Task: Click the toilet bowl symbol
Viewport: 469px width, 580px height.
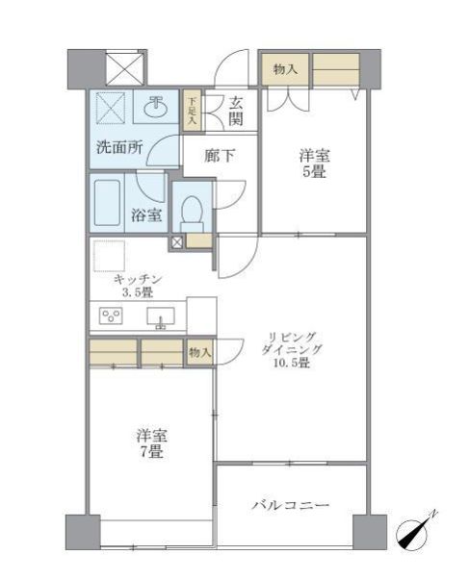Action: [x=193, y=209]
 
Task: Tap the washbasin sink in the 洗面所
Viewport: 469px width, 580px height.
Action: [x=154, y=109]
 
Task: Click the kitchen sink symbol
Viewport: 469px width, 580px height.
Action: [x=160, y=316]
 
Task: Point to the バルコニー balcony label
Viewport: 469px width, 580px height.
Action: [x=292, y=504]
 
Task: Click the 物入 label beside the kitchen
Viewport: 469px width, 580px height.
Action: [x=200, y=353]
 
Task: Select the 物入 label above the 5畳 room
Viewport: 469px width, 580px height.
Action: [x=285, y=68]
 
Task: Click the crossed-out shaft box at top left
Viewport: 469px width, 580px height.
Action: [x=123, y=69]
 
